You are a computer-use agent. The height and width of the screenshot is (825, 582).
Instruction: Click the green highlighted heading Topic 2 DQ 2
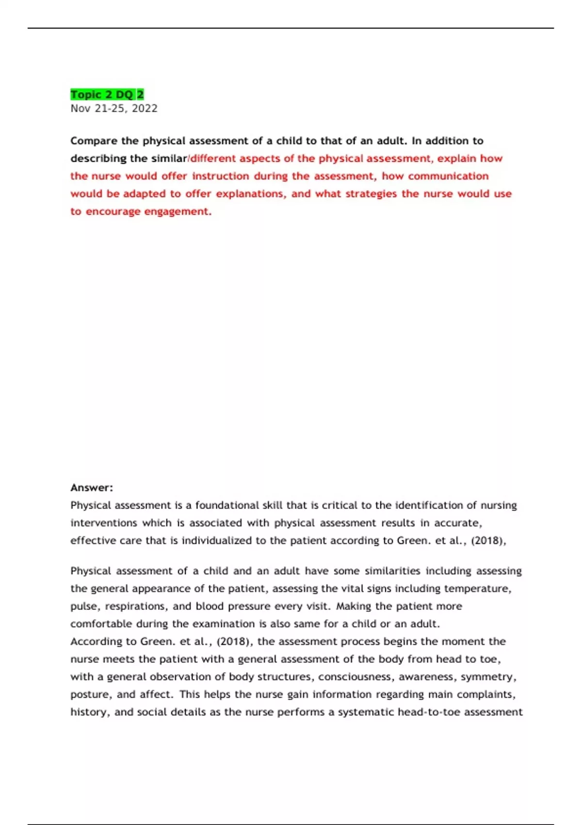point(107,95)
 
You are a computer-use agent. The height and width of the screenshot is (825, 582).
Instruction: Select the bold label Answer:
point(92,488)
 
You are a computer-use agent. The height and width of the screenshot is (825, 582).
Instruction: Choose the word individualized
point(216,541)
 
